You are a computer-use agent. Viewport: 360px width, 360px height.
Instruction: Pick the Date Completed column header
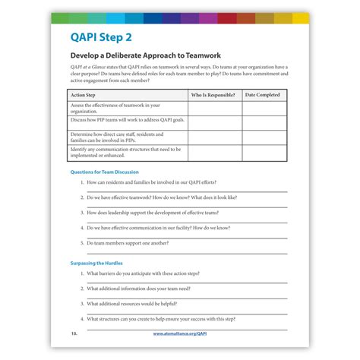262,95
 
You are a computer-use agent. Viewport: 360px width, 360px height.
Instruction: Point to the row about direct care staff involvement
125,136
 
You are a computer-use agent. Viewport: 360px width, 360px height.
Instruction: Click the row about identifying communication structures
125,152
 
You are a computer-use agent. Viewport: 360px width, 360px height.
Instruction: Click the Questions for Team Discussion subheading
104,172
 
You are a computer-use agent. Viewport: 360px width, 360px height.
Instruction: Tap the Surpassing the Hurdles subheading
96,263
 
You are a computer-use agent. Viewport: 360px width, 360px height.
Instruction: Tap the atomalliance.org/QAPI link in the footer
179,333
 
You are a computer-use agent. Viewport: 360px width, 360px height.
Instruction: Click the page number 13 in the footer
74,333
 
